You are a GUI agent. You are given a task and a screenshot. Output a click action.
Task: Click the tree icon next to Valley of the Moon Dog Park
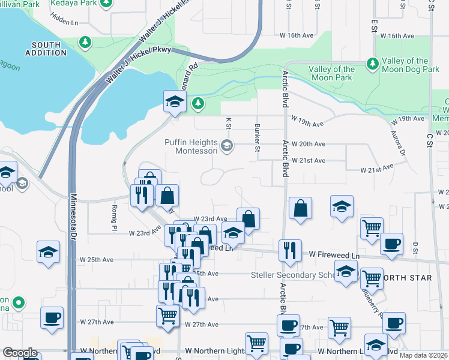pos(372,63)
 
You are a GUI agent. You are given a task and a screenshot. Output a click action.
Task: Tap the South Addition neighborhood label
pos(46,49)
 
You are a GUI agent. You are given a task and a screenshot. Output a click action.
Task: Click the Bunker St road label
pos(257,137)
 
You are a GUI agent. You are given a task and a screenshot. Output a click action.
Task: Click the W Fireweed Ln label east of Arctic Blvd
pos(334,255)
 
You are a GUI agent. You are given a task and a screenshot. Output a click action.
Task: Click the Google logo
pos(20,353)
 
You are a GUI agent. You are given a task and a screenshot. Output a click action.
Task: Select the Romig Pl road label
pos(113,217)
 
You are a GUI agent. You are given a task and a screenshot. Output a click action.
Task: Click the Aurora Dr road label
pos(399,144)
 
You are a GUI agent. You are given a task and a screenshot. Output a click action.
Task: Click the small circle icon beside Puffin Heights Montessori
pos(227,145)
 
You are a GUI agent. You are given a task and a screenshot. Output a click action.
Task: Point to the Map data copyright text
pos(424,355)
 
